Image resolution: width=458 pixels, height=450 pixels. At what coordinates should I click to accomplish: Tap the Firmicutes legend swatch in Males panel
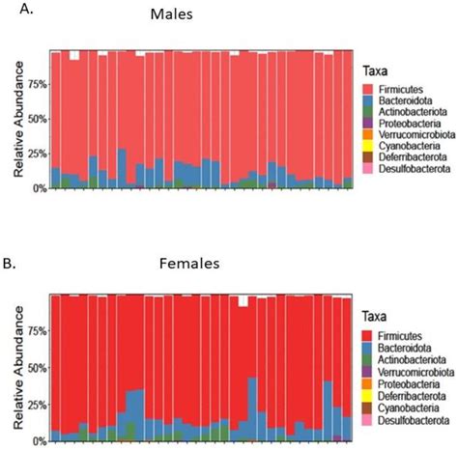368,90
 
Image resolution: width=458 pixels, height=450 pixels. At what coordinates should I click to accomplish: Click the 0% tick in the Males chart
37,187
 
